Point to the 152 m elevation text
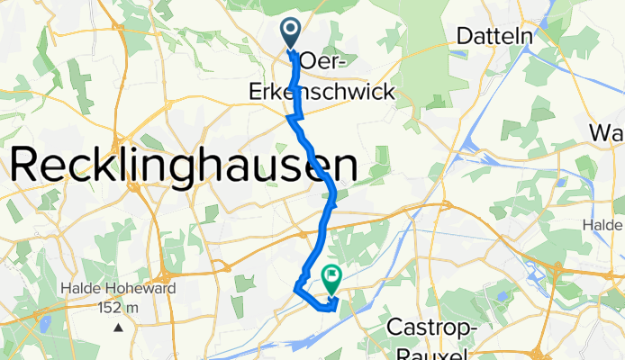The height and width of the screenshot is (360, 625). click(x=119, y=308)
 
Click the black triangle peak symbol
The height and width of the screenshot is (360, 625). click(x=118, y=326)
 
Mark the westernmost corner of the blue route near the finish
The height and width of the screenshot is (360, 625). click(x=295, y=289)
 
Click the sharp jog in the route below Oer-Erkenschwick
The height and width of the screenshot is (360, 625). click(x=290, y=116)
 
